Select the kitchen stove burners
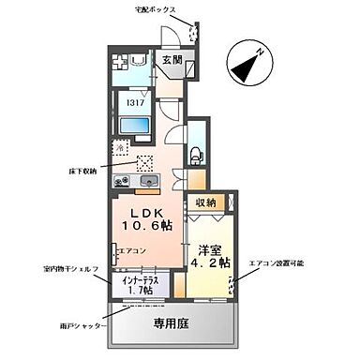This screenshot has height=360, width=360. (124, 181)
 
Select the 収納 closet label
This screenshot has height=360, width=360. (206, 202)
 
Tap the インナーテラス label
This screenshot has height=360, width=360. (142, 283)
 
